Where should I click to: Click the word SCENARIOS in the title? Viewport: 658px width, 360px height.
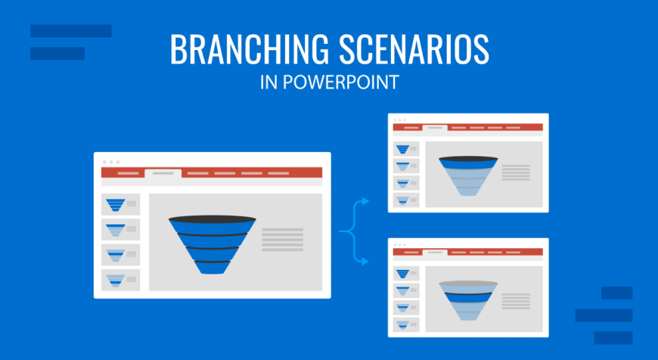coord(414,49)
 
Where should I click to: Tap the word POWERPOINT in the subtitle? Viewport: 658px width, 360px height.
coord(340,82)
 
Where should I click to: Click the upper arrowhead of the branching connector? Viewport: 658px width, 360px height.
coord(365,201)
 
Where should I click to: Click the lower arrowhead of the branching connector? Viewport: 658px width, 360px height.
coord(365,262)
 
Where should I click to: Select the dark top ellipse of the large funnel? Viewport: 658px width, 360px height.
coord(213,219)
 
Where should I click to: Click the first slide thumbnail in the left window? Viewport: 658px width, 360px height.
coord(120,204)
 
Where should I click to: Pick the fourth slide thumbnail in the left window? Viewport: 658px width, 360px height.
coord(120,280)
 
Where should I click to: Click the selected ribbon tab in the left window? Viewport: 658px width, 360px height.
coord(163,173)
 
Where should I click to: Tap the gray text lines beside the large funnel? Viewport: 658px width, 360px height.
coord(282,240)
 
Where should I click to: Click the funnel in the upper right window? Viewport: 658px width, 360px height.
coord(468,175)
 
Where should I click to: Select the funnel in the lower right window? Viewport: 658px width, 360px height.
coord(468,300)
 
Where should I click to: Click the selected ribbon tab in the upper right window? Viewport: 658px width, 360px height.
coord(435,128)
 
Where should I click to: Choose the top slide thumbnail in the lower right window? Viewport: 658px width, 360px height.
coord(406,274)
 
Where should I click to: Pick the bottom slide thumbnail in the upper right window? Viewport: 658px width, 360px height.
coord(406,200)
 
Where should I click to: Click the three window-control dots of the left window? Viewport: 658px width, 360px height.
coord(111,162)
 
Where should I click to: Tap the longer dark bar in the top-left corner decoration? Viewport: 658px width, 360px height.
coord(71,31)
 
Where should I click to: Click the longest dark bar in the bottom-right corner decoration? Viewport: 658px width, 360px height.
coord(604,315)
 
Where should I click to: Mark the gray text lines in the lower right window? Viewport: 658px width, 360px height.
coord(516,301)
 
